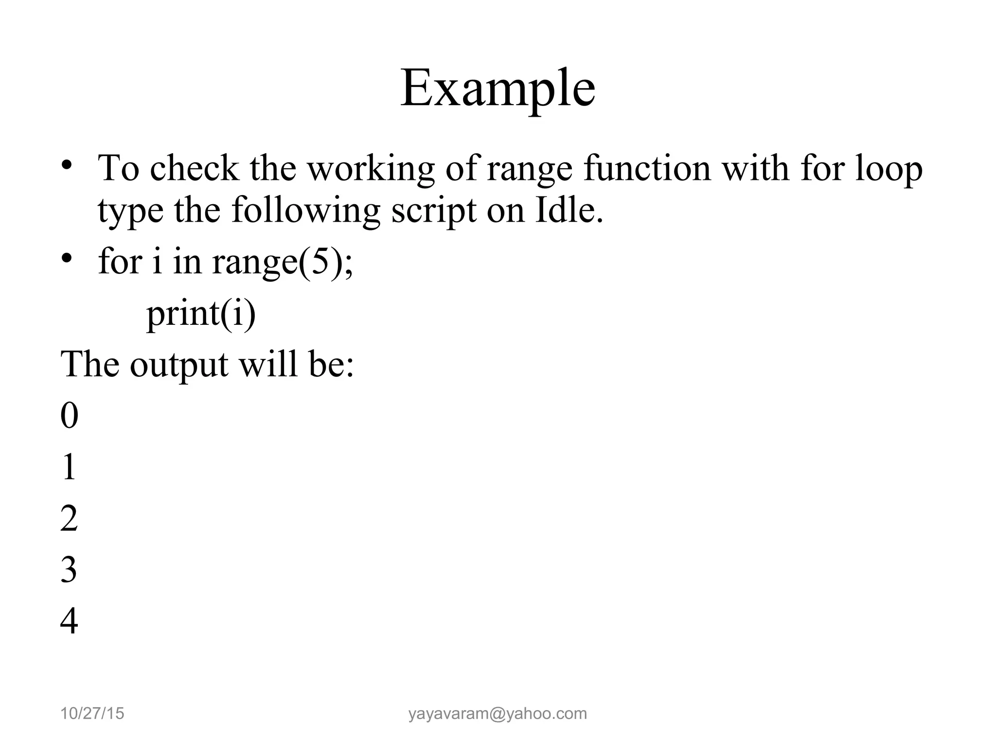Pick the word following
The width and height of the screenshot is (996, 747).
305,212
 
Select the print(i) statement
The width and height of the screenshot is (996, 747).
201,314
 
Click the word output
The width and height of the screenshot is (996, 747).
178,365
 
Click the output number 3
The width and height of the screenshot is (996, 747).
69,570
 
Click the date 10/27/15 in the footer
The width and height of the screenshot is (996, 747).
92,713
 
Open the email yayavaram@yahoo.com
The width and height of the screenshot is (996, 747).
498,713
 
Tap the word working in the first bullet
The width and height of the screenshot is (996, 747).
371,169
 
